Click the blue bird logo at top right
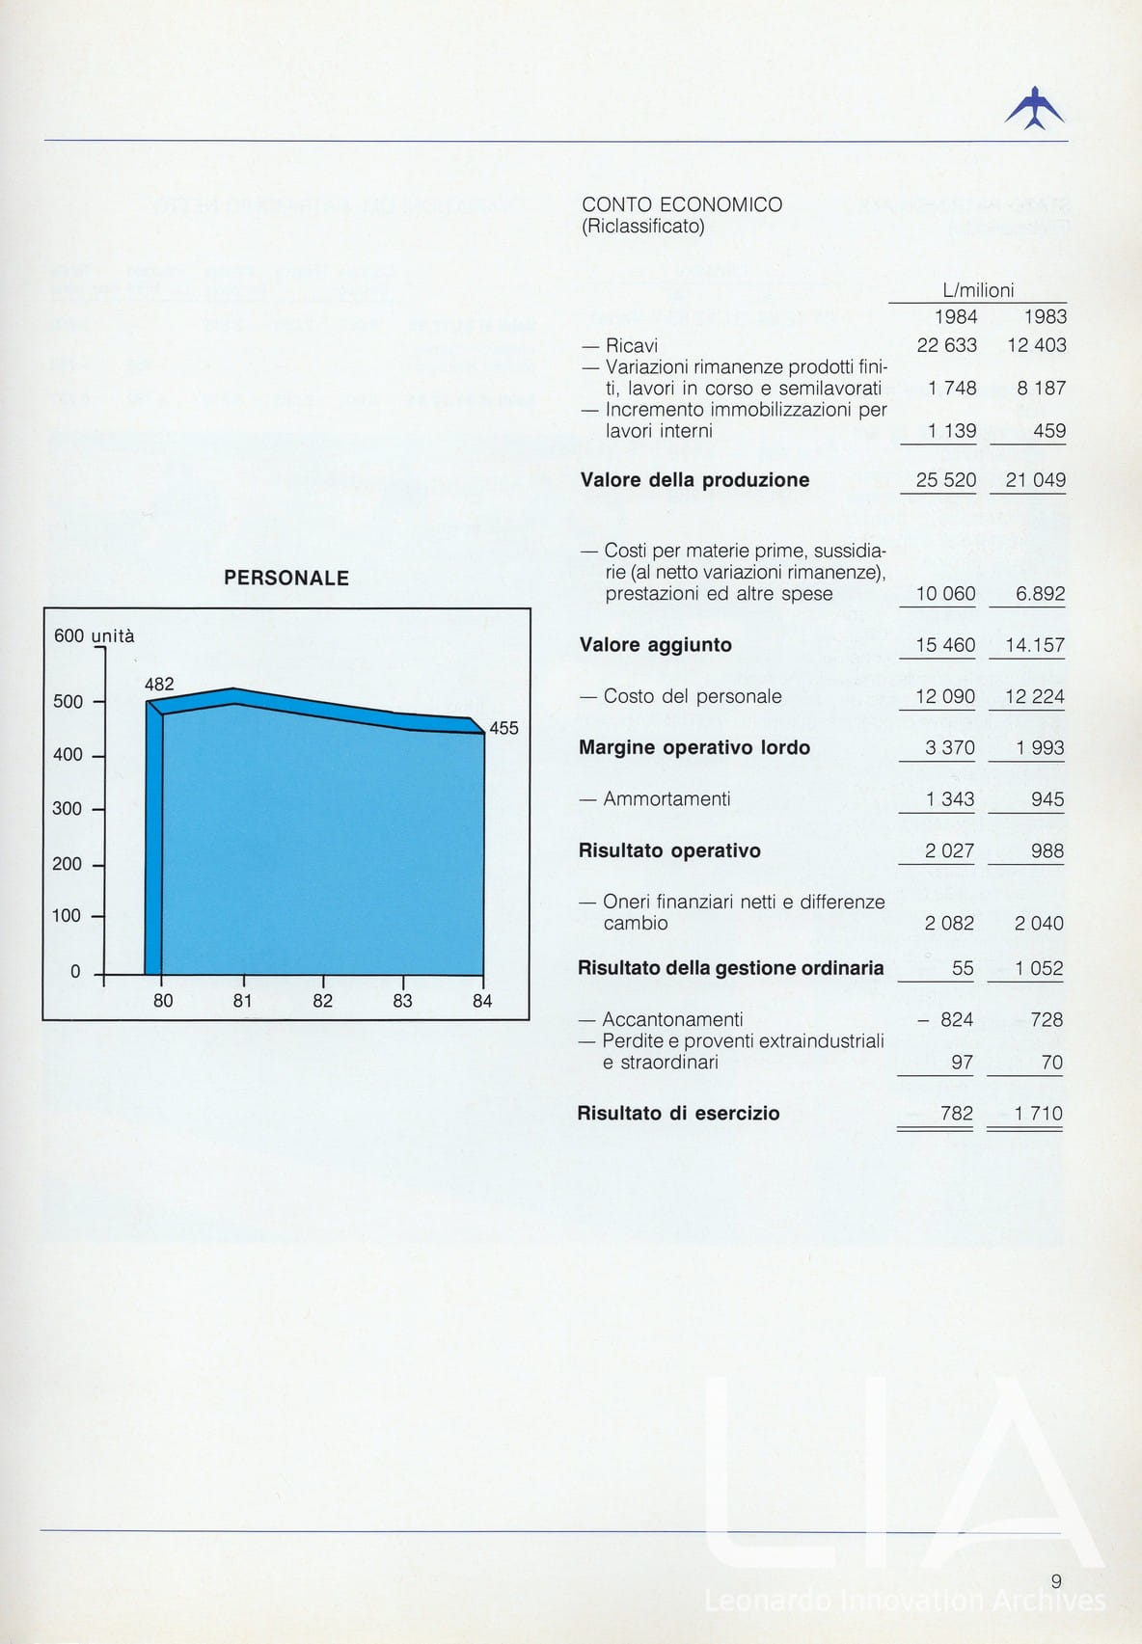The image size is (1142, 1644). (x=1034, y=108)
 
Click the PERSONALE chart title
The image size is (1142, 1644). (x=286, y=579)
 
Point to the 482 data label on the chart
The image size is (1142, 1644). (x=159, y=684)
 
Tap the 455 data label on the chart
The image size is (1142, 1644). (x=503, y=728)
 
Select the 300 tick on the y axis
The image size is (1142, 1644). (x=67, y=809)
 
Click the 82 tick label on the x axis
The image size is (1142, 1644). (x=322, y=1001)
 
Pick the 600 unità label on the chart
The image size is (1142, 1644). (x=95, y=635)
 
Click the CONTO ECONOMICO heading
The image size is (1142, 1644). (x=682, y=204)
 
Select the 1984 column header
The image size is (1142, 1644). (x=956, y=316)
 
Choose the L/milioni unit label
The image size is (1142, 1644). (x=978, y=290)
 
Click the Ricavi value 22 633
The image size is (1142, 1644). (x=946, y=345)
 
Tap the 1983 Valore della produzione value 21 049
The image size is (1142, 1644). (x=1035, y=480)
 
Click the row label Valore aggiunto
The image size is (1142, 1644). (x=656, y=645)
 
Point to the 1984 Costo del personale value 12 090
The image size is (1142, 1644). (x=945, y=696)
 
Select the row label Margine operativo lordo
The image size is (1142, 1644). (x=694, y=747)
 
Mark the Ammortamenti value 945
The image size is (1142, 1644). (x=1047, y=799)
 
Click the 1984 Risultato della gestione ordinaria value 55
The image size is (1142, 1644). (x=962, y=968)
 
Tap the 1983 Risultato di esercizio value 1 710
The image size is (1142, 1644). (x=1038, y=1114)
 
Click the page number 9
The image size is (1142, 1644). (x=1056, y=1580)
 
